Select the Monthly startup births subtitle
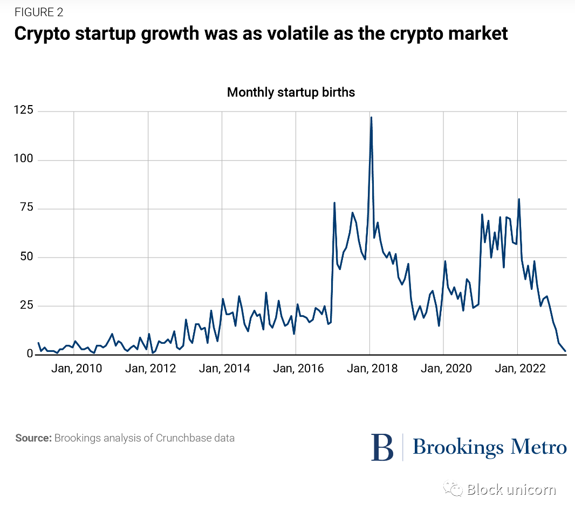click(x=291, y=92)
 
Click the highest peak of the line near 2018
click(x=371, y=117)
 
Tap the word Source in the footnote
click(x=33, y=438)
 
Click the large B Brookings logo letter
click(x=382, y=447)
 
